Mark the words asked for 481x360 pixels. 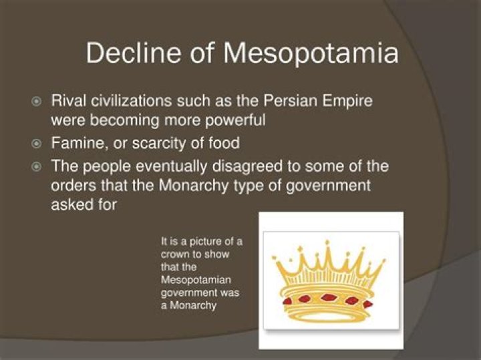coord(84,204)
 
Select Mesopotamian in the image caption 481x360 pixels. coord(194,281)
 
